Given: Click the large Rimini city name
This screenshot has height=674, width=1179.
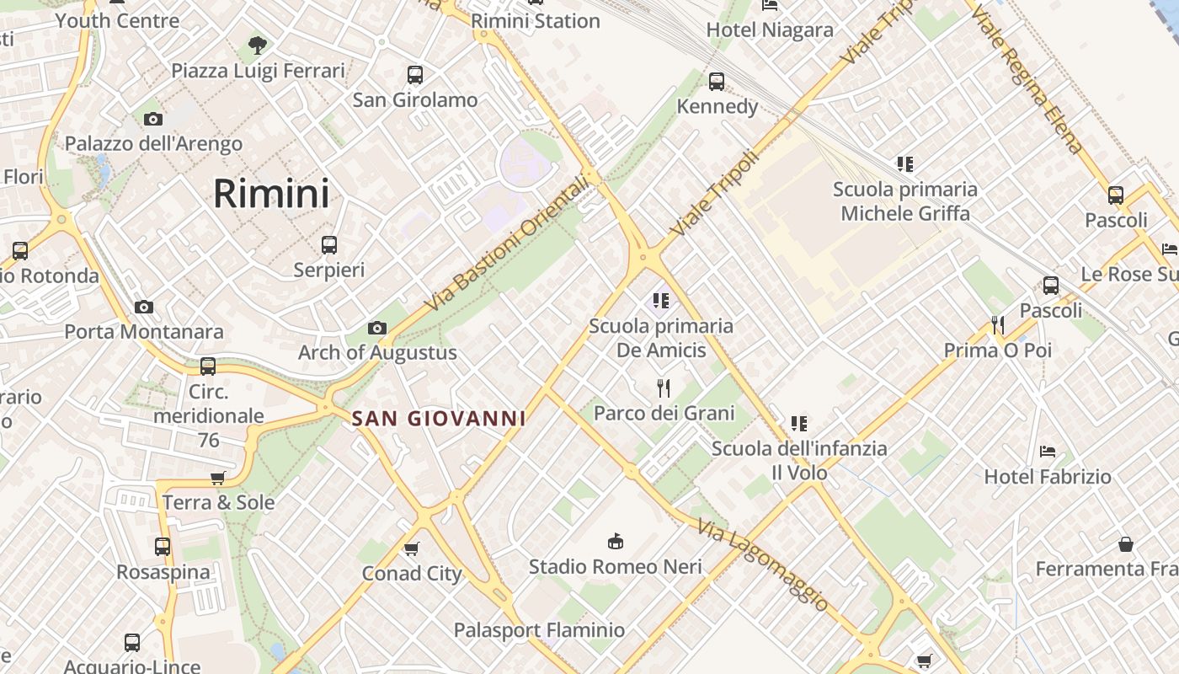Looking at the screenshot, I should point(270,194).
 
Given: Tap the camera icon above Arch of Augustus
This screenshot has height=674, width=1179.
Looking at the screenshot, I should point(376,328).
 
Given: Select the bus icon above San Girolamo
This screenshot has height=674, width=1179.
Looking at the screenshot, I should point(414,74).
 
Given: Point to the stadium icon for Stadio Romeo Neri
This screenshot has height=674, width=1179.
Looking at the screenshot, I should point(616,541).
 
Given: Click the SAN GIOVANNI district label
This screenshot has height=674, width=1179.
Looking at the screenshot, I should point(438,418).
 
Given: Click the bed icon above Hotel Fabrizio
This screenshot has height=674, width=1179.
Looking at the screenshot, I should point(1048,452).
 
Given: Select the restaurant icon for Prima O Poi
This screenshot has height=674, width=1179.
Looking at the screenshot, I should point(998,324).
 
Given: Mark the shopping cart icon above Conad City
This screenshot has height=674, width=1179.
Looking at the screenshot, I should point(412,548).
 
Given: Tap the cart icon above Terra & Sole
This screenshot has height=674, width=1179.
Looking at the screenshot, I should point(218,478).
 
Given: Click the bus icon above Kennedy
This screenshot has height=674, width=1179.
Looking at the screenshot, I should point(717,81).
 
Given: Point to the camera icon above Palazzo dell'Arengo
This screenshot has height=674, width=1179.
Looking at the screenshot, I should point(152,119).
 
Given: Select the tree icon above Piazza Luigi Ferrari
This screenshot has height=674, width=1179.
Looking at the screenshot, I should point(258,45).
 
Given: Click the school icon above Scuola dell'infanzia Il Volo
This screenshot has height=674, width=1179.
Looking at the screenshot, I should point(798,423).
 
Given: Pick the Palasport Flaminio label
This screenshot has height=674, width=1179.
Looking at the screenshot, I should point(539,630).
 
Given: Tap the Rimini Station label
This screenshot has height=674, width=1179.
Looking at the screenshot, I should point(536,21).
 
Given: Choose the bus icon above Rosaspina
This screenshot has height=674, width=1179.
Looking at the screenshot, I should point(163,546).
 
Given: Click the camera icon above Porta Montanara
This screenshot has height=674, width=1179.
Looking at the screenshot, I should point(144,307).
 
